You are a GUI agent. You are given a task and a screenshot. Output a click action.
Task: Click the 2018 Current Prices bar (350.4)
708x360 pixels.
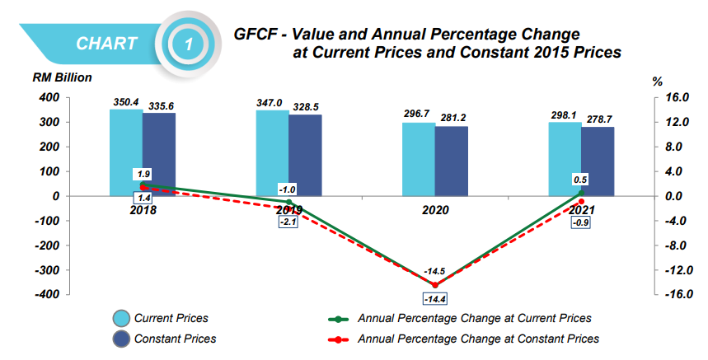tap(126, 152)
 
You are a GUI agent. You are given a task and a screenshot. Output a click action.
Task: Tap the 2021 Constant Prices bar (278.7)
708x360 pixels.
tap(598, 161)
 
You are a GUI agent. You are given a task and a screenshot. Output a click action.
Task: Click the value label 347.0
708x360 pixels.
tap(270, 103)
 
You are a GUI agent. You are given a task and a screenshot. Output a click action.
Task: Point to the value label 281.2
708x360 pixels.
tap(452, 118)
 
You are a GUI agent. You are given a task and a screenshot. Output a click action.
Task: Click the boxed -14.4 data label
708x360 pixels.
tap(435, 298)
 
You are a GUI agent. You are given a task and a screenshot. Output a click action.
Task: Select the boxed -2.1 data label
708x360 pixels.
tap(289, 222)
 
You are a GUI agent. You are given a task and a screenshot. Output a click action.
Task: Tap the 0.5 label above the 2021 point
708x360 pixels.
tap(580, 180)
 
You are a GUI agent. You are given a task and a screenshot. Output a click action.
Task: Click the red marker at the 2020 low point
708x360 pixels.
tap(435, 284)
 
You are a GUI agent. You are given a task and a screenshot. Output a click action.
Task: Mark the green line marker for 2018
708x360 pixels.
tap(143, 185)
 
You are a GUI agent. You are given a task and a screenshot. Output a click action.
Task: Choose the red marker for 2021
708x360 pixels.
tap(581, 202)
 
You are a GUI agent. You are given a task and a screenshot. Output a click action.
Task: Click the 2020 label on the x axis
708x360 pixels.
tap(435, 210)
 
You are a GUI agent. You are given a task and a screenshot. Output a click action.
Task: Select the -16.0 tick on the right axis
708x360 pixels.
tap(675, 295)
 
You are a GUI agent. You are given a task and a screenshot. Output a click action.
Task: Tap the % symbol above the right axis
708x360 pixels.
tap(657, 82)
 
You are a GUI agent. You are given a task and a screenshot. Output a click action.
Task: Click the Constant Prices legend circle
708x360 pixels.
tap(120, 339)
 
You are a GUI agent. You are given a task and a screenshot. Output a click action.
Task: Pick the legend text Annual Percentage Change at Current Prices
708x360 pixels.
tap(474, 318)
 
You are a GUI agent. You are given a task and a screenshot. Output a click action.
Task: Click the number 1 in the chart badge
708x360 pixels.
tap(189, 44)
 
